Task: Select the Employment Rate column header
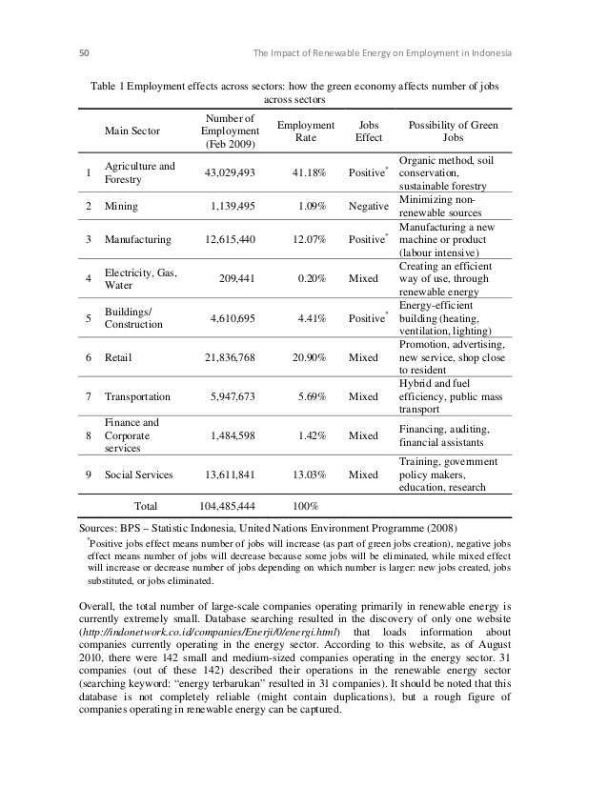(305, 132)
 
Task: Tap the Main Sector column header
(133, 132)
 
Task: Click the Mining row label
(121, 204)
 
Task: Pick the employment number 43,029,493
(229, 172)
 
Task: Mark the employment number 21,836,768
(229, 358)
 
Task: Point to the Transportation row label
(138, 396)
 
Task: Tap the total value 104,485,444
(226, 505)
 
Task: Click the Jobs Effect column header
(367, 132)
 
